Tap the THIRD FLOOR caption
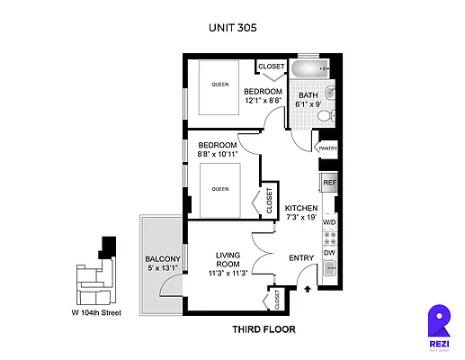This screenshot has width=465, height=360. point(264,329)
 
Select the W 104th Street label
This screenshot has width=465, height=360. point(95,313)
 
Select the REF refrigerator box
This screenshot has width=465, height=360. point(329,183)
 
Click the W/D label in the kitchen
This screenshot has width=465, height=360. point(329,221)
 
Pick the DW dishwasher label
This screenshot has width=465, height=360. point(329,253)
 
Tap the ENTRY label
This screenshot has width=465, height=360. point(300,258)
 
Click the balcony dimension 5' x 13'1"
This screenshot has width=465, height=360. point(163,267)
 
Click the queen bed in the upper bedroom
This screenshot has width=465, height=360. point(219,85)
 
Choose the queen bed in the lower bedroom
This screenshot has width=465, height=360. point(219,190)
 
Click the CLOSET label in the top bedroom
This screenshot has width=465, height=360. point(271,67)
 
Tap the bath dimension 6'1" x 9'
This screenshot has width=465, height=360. point(308,104)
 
